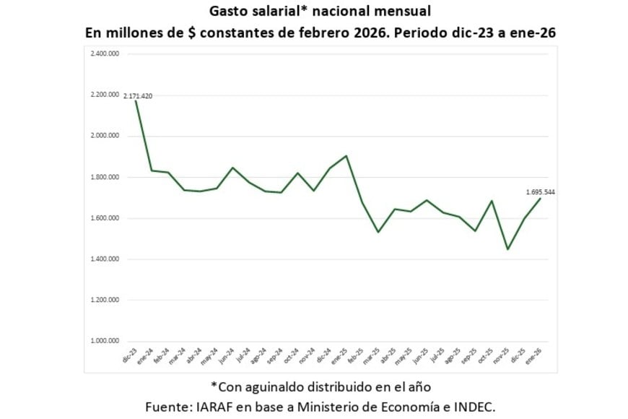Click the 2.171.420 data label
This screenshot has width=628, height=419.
tap(137, 96)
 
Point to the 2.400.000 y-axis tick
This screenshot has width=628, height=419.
tap(104, 53)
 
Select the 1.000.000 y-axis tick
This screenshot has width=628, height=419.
tap(104, 341)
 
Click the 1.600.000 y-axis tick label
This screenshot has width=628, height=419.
tap(104, 218)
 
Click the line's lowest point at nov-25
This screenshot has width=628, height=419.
tap(508, 249)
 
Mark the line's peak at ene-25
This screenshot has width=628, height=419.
tap(346, 155)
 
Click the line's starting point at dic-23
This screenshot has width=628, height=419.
tap(136, 100)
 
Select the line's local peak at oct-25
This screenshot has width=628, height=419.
tap(492, 201)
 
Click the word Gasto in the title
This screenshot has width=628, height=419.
tap(230, 11)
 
